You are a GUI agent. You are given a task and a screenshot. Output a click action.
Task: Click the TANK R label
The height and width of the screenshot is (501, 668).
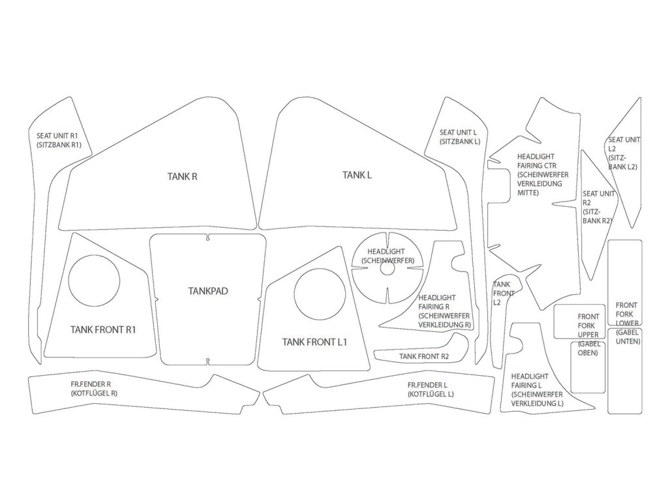[182, 175]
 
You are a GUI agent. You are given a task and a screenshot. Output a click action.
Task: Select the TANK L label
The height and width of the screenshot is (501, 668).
[357, 174]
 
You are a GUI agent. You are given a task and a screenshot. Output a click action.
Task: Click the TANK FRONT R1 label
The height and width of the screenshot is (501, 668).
[103, 329]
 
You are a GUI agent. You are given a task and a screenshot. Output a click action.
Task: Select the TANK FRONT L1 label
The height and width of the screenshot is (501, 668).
[314, 342]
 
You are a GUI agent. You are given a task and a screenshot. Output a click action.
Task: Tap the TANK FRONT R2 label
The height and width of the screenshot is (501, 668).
[424, 357]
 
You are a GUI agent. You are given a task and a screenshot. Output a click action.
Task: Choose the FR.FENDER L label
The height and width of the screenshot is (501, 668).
[431, 389]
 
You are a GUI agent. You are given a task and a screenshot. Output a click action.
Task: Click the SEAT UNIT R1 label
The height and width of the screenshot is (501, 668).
[59, 140]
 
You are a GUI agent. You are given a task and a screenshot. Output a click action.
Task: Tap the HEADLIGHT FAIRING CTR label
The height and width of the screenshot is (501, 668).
[542, 175]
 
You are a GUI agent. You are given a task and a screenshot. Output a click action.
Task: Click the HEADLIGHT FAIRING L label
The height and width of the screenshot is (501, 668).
[537, 390]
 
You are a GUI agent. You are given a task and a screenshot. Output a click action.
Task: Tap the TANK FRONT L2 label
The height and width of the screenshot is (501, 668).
[504, 294]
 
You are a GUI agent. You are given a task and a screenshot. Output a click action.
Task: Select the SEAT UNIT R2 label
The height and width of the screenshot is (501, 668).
[598, 207]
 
